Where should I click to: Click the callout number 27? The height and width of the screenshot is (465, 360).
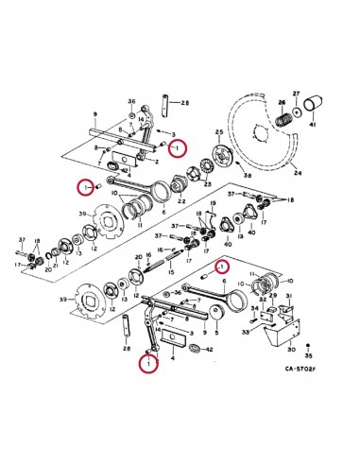tap(298, 93)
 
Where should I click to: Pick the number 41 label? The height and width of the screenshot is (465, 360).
tap(315, 126)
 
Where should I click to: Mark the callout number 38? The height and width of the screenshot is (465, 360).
tap(249, 177)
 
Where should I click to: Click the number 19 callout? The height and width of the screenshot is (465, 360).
tap(213, 203)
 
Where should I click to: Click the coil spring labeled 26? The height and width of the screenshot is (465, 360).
tap(282, 117)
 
